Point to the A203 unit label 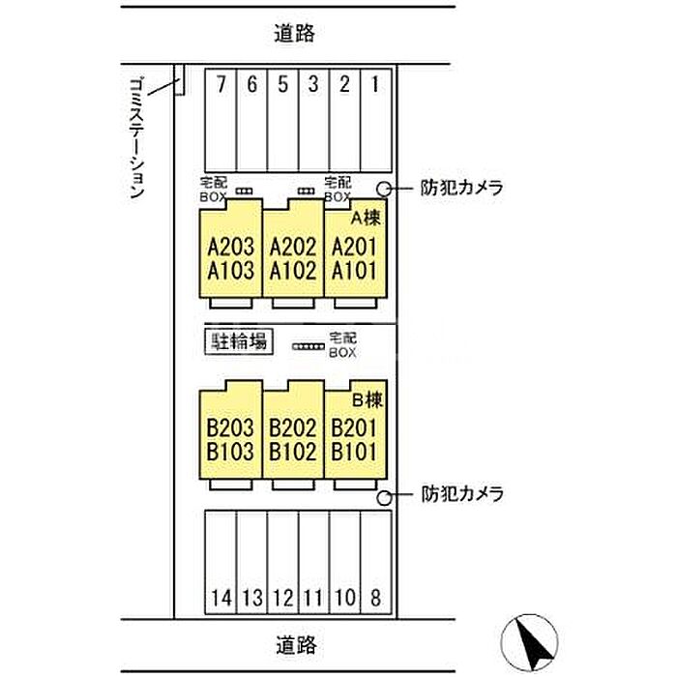(x=230, y=247)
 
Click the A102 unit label (x=293, y=271)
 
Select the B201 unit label (x=354, y=428)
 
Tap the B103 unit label (x=230, y=452)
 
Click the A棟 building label (x=366, y=218)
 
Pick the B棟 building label (x=368, y=400)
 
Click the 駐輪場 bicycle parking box (x=239, y=342)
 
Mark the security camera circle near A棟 (x=384, y=189)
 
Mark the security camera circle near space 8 (x=384, y=498)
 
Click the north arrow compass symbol (x=529, y=642)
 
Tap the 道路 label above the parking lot (x=295, y=33)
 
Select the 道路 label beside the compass (x=296, y=645)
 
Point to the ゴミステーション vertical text (x=137, y=138)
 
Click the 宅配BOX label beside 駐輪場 (x=342, y=344)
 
